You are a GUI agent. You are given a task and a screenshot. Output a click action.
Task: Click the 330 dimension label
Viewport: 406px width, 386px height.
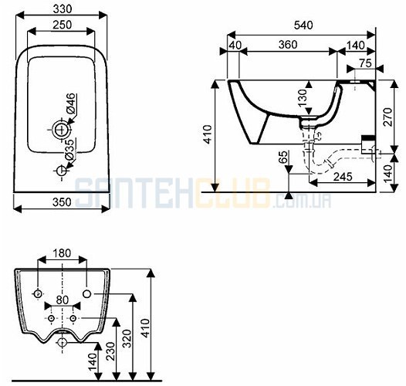pyautogui.click(x=63, y=9)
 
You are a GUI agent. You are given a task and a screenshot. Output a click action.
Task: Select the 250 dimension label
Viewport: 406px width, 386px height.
pyautogui.click(x=63, y=25)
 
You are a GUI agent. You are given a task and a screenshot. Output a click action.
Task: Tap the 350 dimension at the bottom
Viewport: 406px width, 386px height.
pyautogui.click(x=62, y=202)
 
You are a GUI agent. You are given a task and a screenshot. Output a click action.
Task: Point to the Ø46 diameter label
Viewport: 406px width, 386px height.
pyautogui.click(x=71, y=104)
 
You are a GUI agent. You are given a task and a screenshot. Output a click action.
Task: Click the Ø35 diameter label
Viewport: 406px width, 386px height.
pyautogui.click(x=69, y=150)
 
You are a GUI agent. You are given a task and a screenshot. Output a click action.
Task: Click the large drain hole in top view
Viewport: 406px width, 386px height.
pyautogui.click(x=62, y=129)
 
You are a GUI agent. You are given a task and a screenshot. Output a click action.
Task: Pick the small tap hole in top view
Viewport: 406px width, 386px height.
pyautogui.click(x=62, y=171)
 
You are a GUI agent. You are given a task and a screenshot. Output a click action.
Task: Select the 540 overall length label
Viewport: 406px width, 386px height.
pyautogui.click(x=303, y=25)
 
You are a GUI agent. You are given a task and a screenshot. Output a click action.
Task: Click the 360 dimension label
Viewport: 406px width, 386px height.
pyautogui.click(x=288, y=45)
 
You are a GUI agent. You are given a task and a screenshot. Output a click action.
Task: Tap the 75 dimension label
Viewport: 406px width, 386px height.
pyautogui.click(x=365, y=63)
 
